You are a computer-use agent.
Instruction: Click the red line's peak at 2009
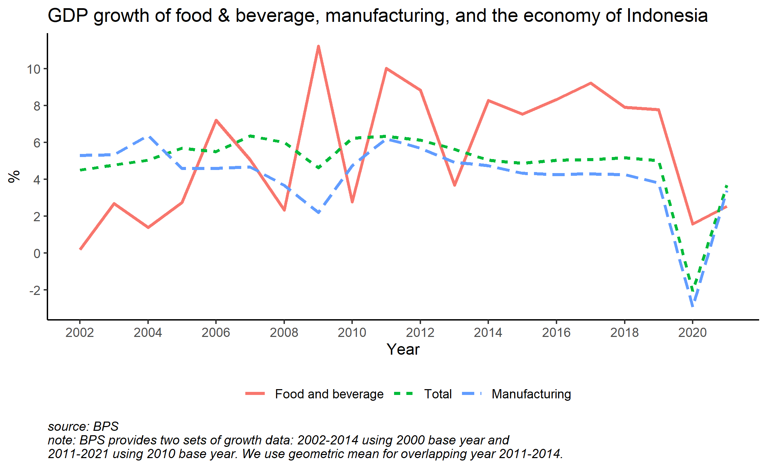point(318,46)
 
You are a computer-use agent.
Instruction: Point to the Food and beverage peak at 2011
point(386,68)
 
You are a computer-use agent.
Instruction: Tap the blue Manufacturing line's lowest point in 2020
point(692,306)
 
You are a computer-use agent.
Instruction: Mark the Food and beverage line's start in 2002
point(80,249)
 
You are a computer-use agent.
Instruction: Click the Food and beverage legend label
point(329,394)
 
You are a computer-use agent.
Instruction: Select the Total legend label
point(438,394)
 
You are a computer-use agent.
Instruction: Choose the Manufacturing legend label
point(531,394)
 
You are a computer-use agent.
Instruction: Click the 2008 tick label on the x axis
point(284,332)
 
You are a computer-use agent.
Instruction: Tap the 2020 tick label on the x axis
point(692,332)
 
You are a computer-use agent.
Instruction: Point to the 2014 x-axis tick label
point(488,332)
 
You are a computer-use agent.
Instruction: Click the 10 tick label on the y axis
point(33,69)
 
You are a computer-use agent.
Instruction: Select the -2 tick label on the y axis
point(35,290)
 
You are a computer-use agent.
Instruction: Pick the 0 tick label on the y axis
point(37,253)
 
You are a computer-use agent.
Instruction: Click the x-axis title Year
point(403,349)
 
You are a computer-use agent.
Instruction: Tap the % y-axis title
point(14,176)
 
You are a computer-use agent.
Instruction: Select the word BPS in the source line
point(106,426)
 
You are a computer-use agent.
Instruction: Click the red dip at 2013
point(454,185)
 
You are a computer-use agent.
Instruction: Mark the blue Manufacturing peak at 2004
point(148,137)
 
